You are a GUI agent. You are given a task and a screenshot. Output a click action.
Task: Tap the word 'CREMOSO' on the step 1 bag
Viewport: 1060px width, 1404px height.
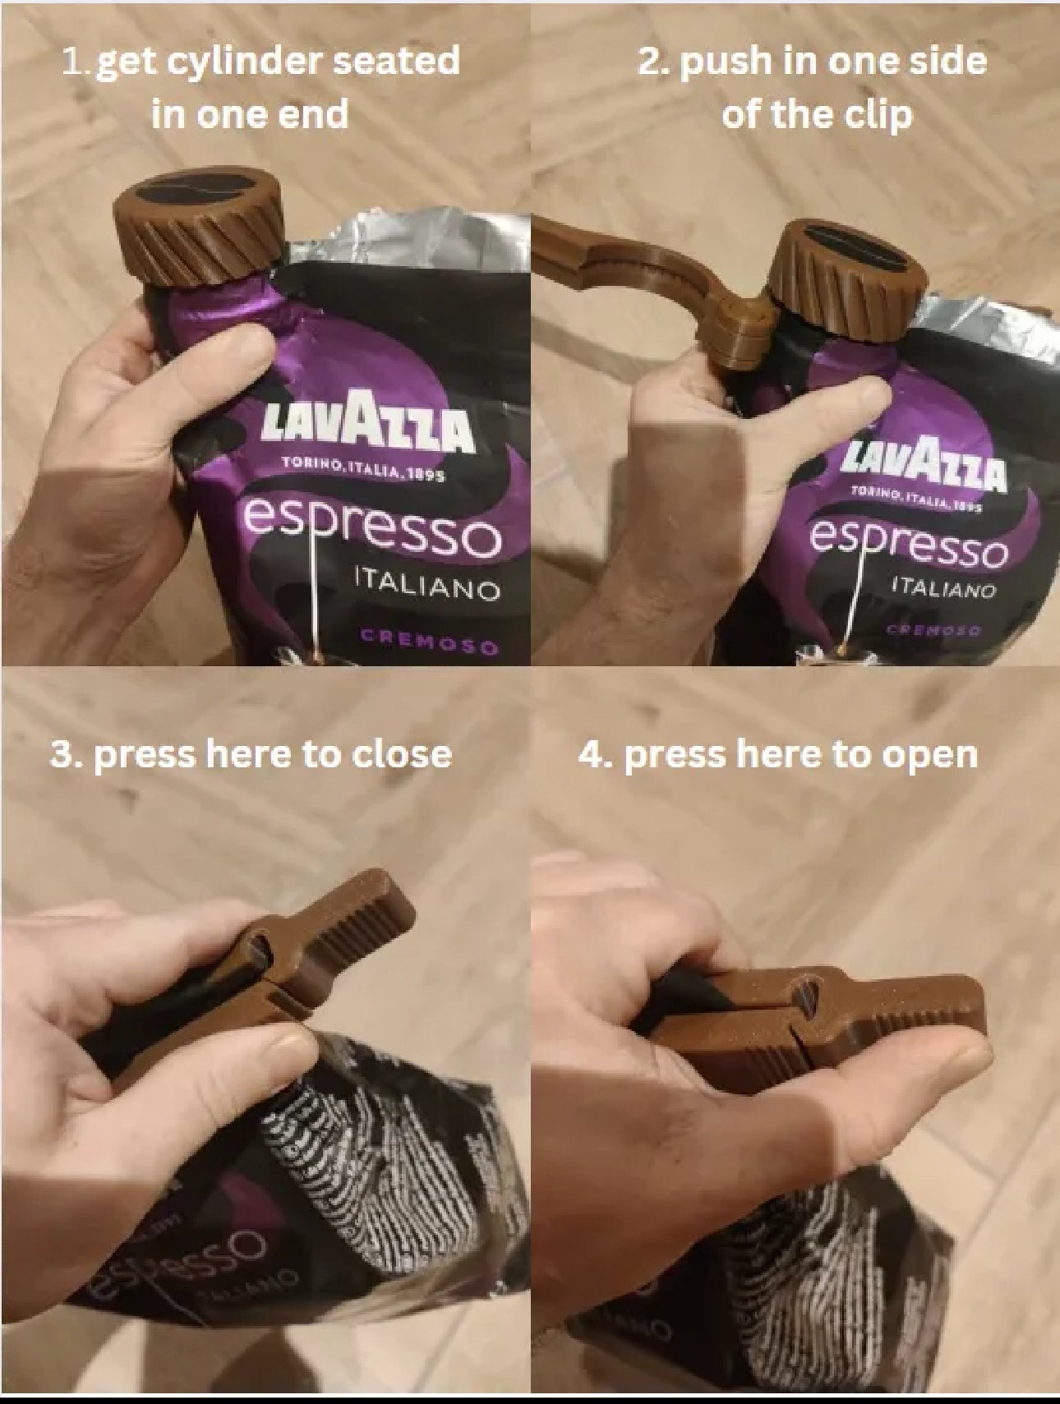(430, 641)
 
